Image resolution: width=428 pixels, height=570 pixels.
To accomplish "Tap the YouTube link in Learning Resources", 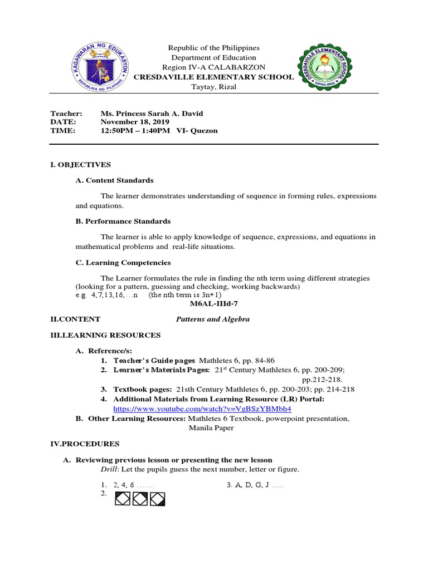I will (x=202, y=409).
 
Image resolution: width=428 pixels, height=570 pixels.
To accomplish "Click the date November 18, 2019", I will (x=135, y=122).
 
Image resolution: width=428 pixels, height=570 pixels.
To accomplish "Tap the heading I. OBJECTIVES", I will (x=80, y=164).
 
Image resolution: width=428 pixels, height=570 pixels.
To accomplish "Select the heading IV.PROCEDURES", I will (x=85, y=444).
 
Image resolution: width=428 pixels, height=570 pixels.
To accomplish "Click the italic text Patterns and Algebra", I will (x=213, y=320).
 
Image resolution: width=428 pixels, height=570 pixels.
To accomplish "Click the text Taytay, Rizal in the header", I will (x=213, y=87).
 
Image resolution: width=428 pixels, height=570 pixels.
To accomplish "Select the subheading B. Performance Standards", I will (x=123, y=221).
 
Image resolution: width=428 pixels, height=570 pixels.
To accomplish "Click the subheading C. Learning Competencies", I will (x=123, y=262).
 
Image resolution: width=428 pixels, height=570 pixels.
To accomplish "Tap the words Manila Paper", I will (x=211, y=428).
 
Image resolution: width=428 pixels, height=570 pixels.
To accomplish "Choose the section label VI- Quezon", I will (x=197, y=131).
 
